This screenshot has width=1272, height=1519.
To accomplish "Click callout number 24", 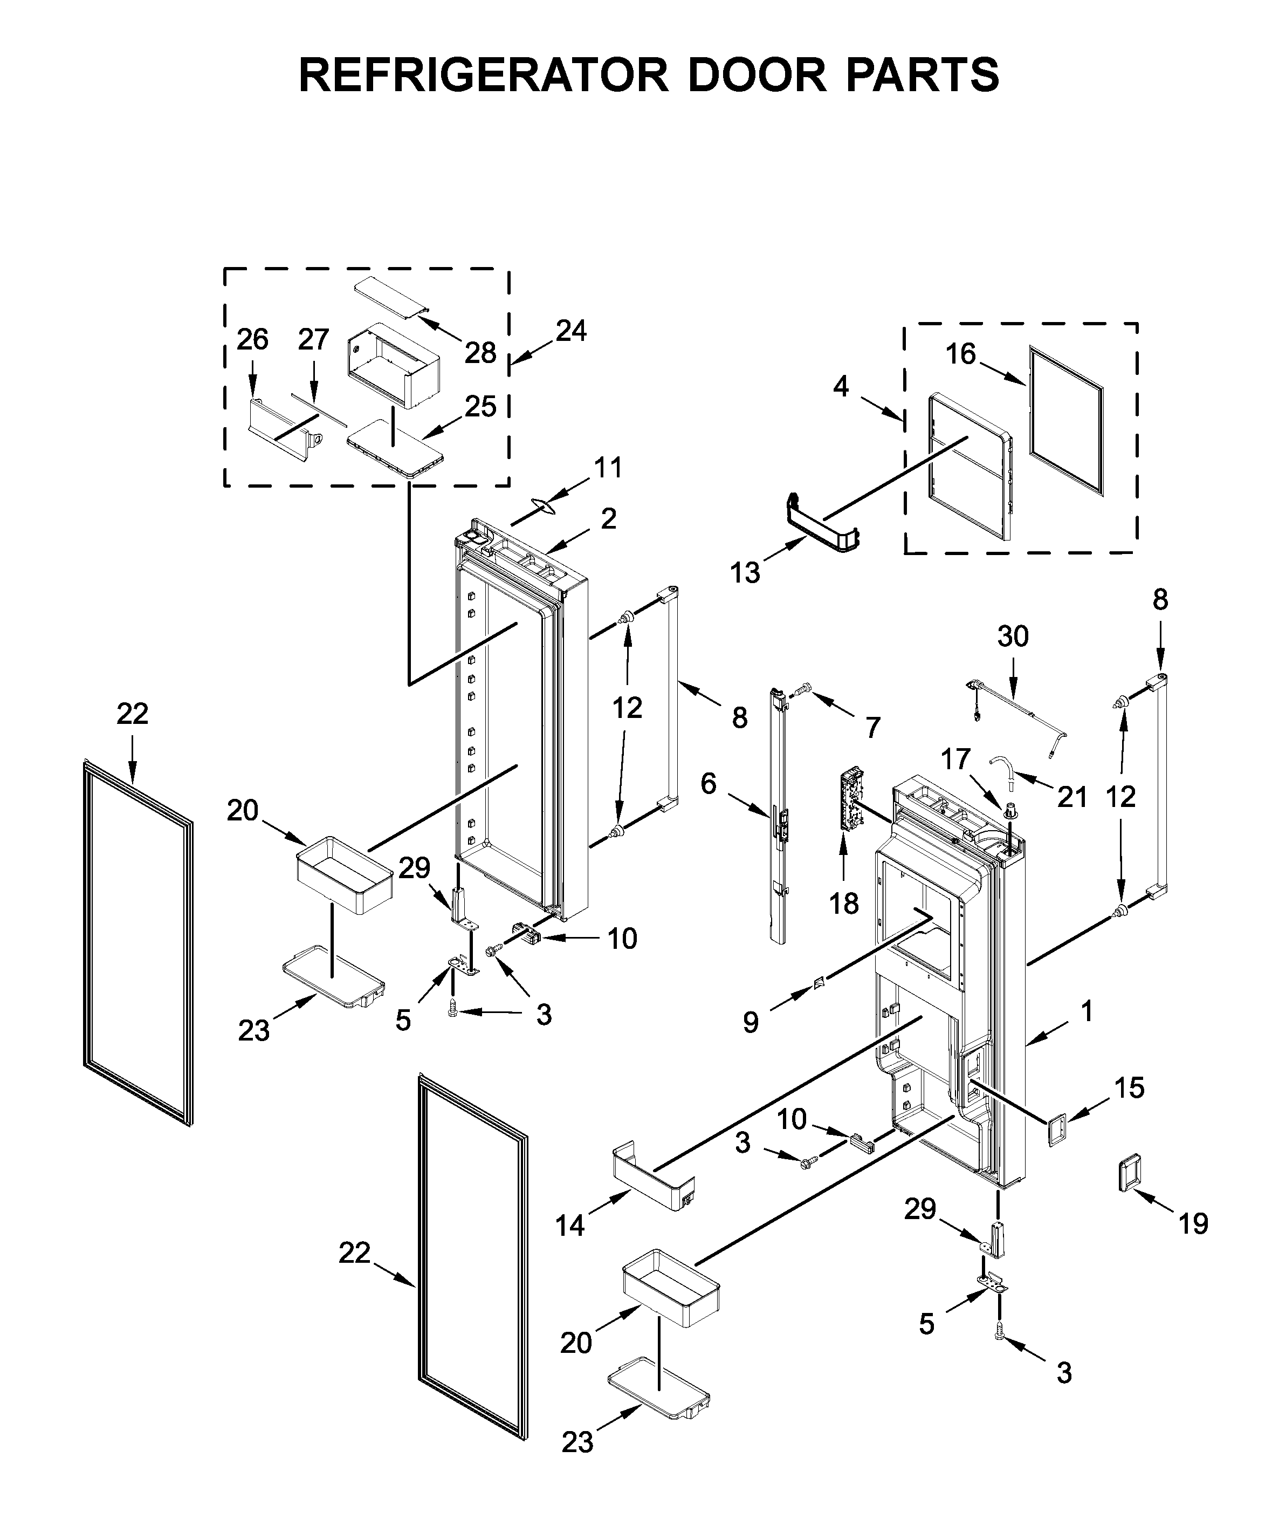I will pos(571,331).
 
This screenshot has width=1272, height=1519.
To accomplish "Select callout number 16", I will pos(961,354).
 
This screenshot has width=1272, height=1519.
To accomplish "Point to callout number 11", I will pos(608,468).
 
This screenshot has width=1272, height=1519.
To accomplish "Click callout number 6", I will pos(708,783).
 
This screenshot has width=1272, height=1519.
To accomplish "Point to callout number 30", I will pos(1013,636).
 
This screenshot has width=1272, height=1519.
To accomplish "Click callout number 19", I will pos(1193,1224).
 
